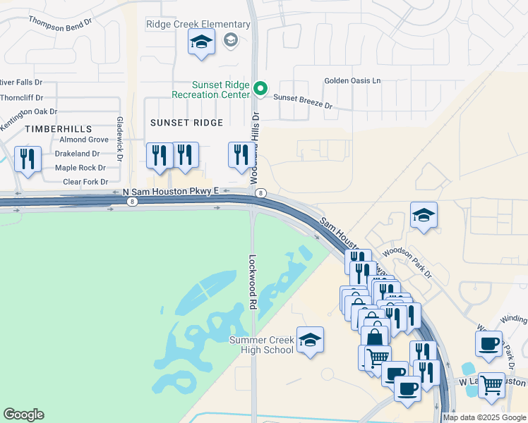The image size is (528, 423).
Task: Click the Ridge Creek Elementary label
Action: coord(198,25)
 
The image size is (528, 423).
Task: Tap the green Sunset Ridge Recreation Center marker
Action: coord(260,88)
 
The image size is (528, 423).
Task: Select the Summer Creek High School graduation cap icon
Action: coord(310,341)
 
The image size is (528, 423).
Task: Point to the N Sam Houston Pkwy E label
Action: coord(171,191)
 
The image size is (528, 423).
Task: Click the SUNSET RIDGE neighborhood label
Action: coord(186,123)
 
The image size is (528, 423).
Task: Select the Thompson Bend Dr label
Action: coord(60,22)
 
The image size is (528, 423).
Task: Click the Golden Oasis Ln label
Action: coord(352,81)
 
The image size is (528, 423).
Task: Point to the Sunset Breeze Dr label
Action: coord(302,102)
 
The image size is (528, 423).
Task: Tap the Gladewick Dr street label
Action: coord(120,137)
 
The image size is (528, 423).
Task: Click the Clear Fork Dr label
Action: coord(85,182)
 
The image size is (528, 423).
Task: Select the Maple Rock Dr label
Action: coord(80,168)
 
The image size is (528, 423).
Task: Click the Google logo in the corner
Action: coord(23,415)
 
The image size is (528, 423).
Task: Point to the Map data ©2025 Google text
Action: coord(484,417)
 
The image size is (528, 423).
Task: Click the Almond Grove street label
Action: coord(84,140)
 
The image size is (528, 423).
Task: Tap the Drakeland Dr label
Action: coord(77,154)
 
